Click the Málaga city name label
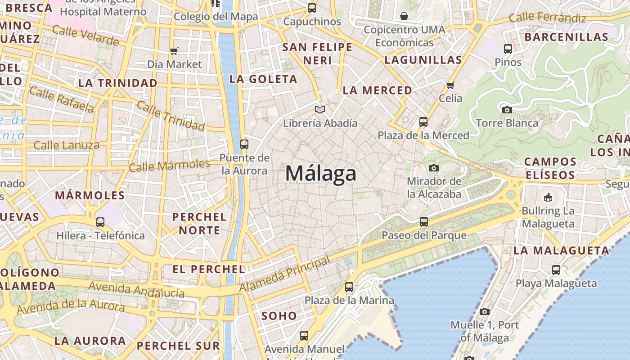point(321,174)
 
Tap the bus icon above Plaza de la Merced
point(423,121)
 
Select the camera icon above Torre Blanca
point(507,110)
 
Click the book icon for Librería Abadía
point(320,109)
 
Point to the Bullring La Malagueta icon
point(548,197)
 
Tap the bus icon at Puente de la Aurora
point(244,144)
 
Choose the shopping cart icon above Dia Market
point(174,51)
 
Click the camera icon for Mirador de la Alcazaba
point(434,168)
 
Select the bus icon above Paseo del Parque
point(423,221)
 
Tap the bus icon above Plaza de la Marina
point(349,287)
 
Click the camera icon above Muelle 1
point(484,311)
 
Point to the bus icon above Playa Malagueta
point(556,270)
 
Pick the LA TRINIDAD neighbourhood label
point(118,83)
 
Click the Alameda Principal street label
point(285,274)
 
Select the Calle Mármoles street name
point(169,166)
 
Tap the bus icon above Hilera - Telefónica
point(100,222)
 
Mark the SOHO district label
point(279,316)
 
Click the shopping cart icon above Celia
point(450,85)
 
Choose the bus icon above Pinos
point(508,49)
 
